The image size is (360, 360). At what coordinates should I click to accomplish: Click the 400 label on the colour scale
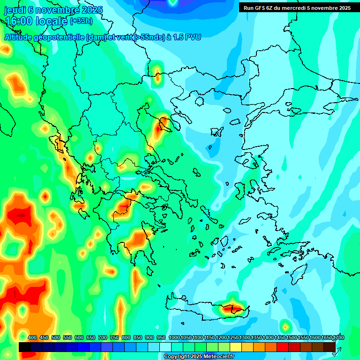click(32, 337)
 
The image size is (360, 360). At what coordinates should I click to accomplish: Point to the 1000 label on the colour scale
click(174, 337)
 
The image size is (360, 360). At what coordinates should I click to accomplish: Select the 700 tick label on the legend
click(103, 337)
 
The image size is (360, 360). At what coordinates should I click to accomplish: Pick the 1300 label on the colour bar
click(245, 337)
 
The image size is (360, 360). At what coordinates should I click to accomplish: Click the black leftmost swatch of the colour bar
click(25, 347)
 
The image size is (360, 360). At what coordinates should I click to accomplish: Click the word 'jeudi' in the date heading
click(15, 9)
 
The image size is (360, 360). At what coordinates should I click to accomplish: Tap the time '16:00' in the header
click(19, 22)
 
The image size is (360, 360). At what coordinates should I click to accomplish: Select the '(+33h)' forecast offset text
click(81, 21)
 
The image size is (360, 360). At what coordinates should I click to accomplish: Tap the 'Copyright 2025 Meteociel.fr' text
click(199, 357)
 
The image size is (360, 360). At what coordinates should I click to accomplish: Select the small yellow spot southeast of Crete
click(285, 325)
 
